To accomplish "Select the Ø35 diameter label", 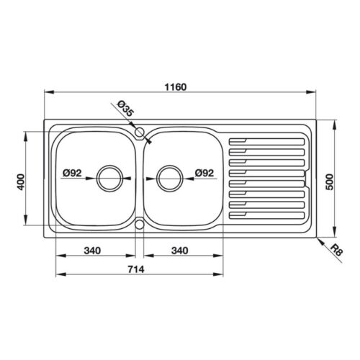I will (x=125, y=110).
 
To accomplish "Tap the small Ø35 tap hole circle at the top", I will (x=139, y=132).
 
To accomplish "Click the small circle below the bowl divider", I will (x=139, y=222).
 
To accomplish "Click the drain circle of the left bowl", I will (x=110, y=177).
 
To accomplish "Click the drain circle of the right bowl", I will (x=168, y=177).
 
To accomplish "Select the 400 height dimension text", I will (x=22, y=182).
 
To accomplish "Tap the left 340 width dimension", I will (x=91, y=251).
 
